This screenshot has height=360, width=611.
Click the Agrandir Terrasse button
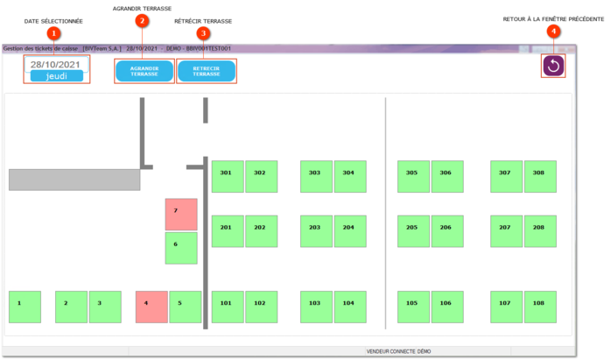pos(144,71)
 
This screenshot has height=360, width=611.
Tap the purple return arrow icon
pos(553,65)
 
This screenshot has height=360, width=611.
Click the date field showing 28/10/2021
pos(56,64)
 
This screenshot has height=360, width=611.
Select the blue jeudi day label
pos(56,76)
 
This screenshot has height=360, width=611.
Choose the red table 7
pos(181,214)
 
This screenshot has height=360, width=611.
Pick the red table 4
pos(151,307)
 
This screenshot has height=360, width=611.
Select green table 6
pos(181,248)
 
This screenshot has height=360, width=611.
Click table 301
pos(227,176)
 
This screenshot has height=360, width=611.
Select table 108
pos(539,307)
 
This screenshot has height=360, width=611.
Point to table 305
pos(413,176)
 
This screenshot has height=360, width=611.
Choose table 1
pos(25,307)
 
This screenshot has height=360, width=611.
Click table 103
pos(316,307)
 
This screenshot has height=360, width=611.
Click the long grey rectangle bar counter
pos(74,180)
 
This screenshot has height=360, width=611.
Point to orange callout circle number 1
pos(54,33)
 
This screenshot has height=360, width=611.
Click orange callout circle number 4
pos(553,32)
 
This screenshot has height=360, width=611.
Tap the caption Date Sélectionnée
pos(53,20)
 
